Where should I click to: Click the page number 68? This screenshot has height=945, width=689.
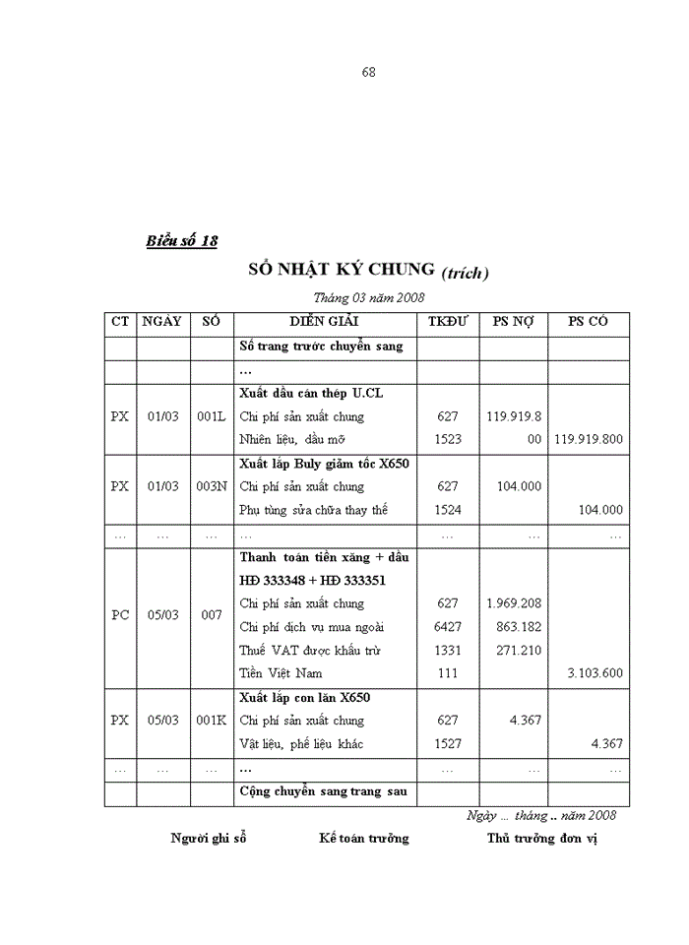(x=369, y=72)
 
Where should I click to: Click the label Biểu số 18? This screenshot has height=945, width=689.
(x=181, y=240)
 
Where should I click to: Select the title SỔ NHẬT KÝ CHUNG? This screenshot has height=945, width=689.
(x=341, y=269)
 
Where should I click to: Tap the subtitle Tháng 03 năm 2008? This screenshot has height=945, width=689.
(x=368, y=296)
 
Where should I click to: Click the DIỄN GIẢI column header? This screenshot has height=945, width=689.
(x=324, y=321)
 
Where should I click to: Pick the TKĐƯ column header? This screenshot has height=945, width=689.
(x=447, y=321)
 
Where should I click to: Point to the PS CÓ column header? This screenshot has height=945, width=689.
(x=589, y=321)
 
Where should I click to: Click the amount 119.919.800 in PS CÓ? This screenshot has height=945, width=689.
(x=589, y=439)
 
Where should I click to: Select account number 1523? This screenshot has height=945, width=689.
(x=447, y=439)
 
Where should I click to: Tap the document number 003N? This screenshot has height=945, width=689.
(x=212, y=486)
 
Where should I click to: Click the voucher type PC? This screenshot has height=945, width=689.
(x=120, y=615)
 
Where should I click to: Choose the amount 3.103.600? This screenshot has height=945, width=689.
(x=595, y=673)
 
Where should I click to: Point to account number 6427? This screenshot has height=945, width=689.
(x=447, y=627)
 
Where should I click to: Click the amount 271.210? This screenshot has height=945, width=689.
(x=513, y=651)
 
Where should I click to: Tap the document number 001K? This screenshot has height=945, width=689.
(x=212, y=721)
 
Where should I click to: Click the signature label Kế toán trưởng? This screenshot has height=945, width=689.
(x=363, y=839)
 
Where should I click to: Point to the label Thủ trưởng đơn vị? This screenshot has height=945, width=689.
(x=541, y=839)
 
